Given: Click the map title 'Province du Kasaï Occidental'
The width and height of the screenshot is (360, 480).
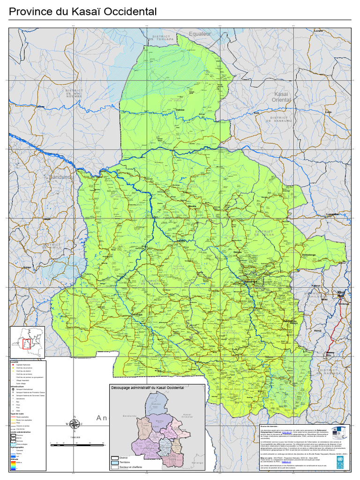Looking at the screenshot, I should (x=83, y=12).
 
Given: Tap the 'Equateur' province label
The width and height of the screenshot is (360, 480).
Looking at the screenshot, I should (x=201, y=34).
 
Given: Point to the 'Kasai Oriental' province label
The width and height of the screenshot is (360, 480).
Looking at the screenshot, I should (x=281, y=97).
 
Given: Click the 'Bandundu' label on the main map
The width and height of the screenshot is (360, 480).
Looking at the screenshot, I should (x=60, y=177).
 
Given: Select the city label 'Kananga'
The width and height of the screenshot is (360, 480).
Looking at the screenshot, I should (x=251, y=282).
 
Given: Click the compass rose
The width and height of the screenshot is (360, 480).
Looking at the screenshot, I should (x=73, y=424).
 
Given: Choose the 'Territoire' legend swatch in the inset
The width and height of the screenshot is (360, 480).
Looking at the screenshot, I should (x=115, y=463).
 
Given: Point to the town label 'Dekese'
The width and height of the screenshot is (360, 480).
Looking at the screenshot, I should (x=180, y=110).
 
